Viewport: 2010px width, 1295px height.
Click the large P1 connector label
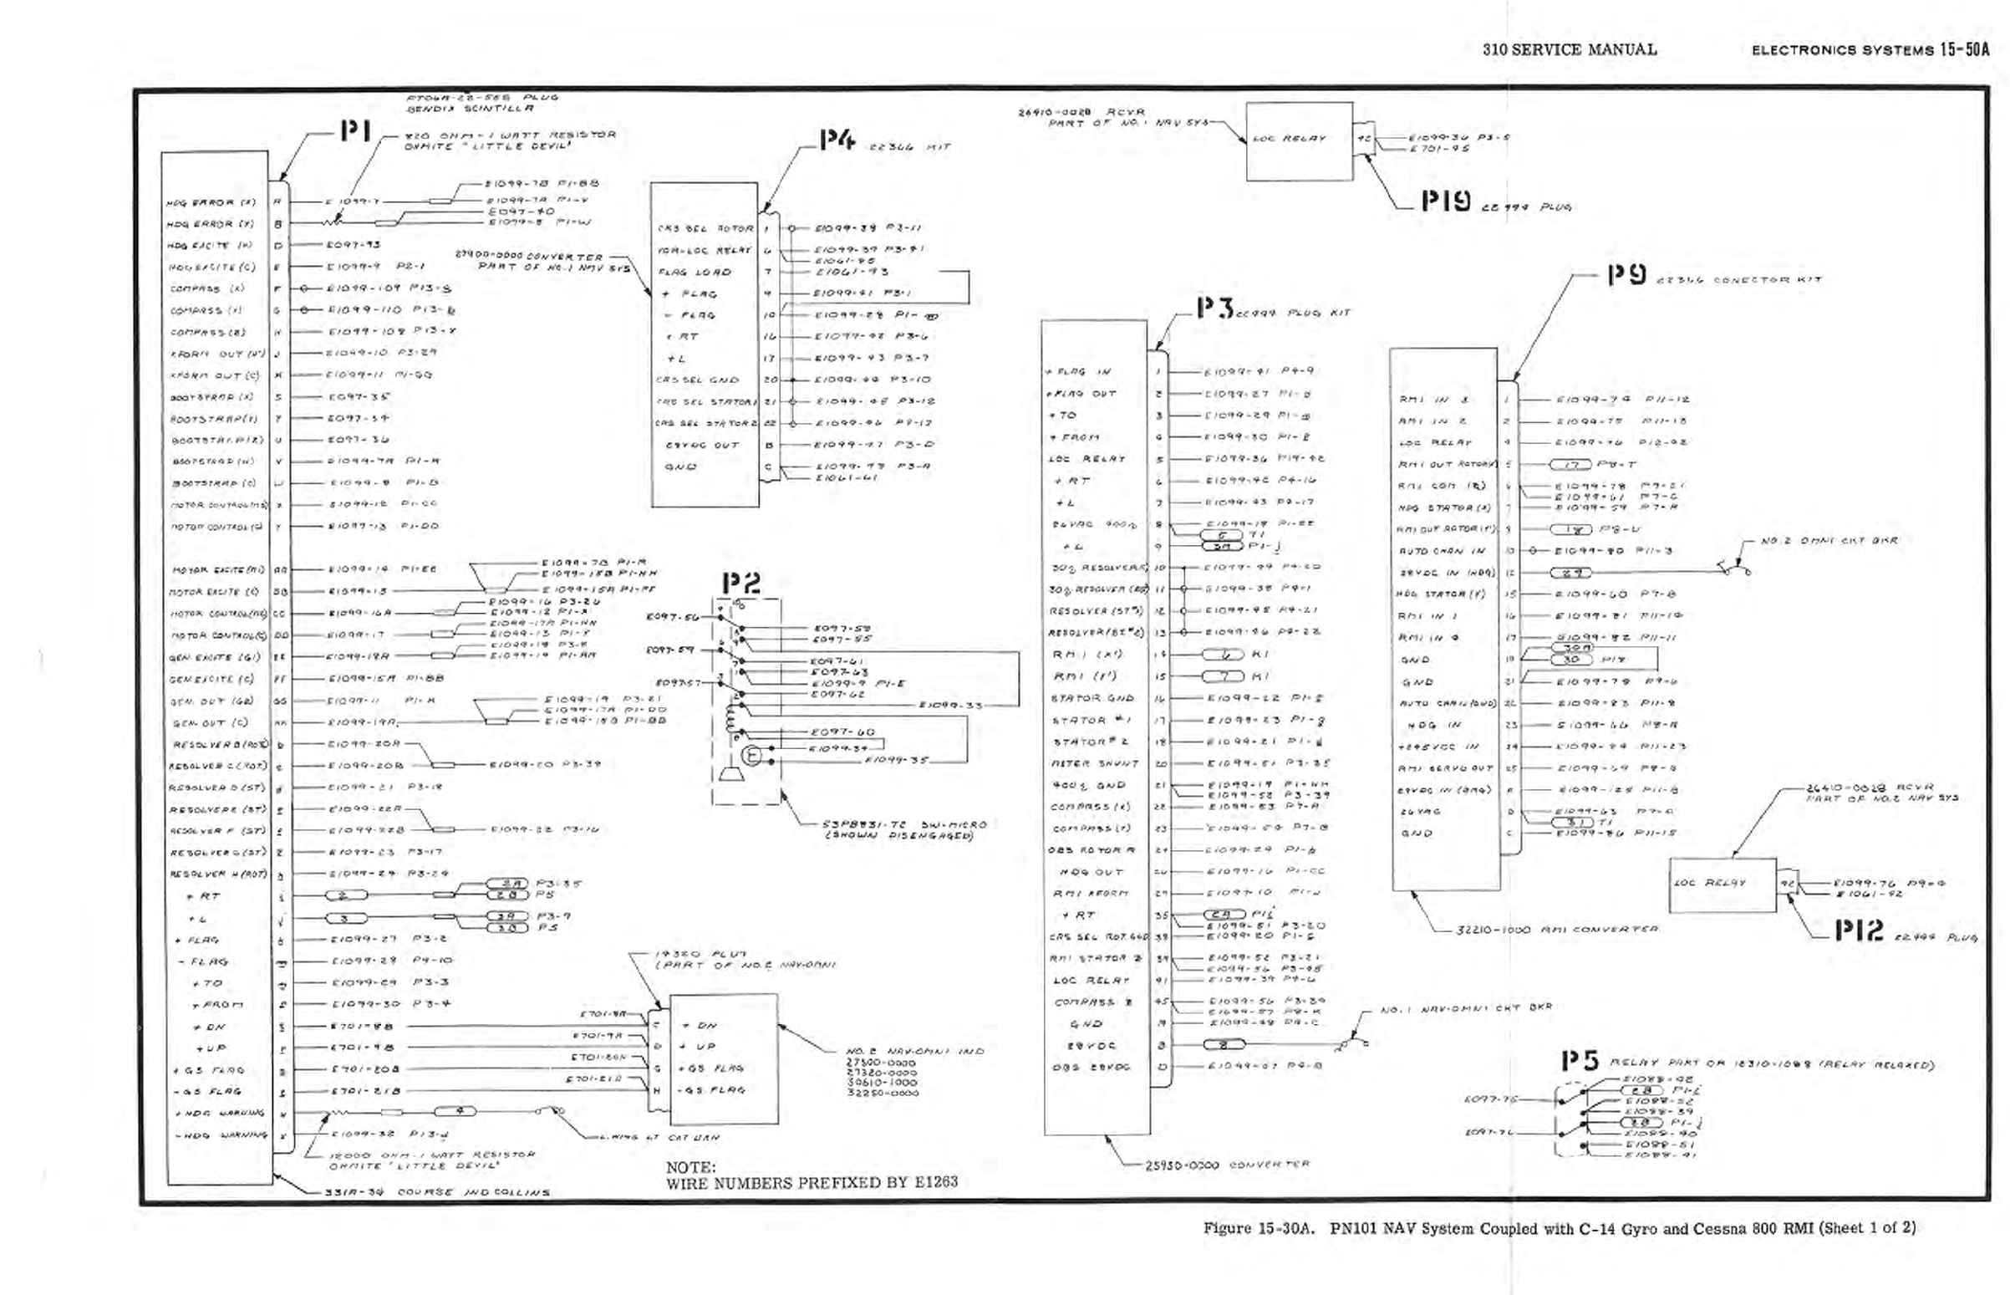[x=355, y=131]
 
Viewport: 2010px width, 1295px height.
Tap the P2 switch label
[x=740, y=582]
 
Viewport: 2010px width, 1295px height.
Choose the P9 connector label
[x=1626, y=275]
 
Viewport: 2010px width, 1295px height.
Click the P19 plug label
[x=1445, y=201]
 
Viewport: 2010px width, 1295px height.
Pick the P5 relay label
[x=1580, y=1061]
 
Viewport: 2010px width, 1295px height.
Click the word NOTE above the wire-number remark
[x=690, y=1167]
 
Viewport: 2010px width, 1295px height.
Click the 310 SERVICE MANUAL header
[x=1570, y=49]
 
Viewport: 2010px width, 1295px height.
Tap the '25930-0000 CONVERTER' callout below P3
[x=1227, y=1165]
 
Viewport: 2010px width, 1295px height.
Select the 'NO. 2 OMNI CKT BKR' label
[x=1829, y=541]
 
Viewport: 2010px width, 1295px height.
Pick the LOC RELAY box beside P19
[x=1299, y=140]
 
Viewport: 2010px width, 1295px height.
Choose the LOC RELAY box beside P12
[x=1722, y=884]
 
